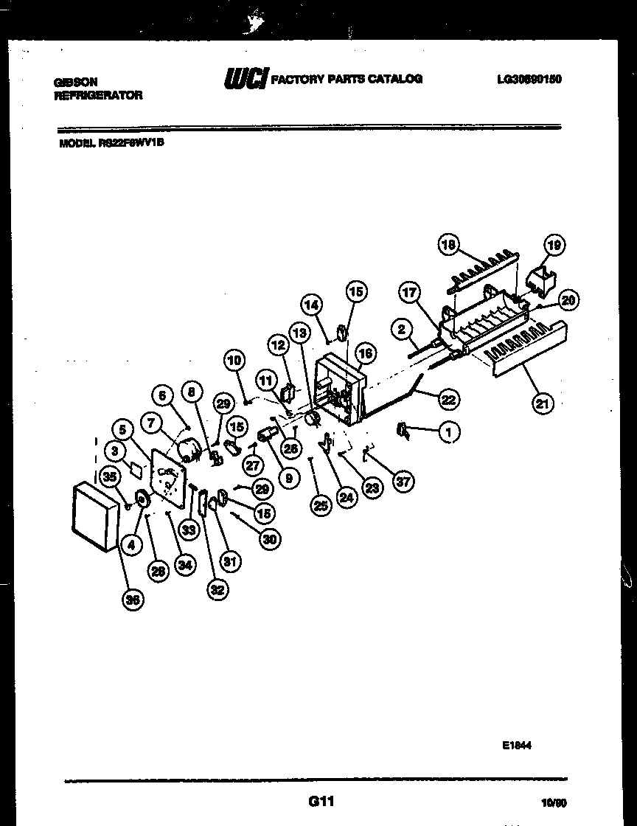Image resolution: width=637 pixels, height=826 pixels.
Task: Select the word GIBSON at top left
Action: (75, 83)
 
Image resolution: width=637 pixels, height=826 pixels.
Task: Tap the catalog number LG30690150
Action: (529, 79)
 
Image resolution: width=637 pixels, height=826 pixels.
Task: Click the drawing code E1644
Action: (517, 746)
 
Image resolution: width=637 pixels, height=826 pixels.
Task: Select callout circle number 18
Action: (449, 244)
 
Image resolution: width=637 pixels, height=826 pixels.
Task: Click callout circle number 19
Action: (554, 244)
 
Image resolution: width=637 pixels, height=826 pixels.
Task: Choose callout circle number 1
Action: (447, 433)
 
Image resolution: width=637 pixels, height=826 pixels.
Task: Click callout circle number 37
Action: (403, 482)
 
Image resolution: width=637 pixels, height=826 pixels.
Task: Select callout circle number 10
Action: (234, 361)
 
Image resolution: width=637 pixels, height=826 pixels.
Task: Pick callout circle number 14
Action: (311, 304)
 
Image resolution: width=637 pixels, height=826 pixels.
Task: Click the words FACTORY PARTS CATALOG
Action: (347, 79)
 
